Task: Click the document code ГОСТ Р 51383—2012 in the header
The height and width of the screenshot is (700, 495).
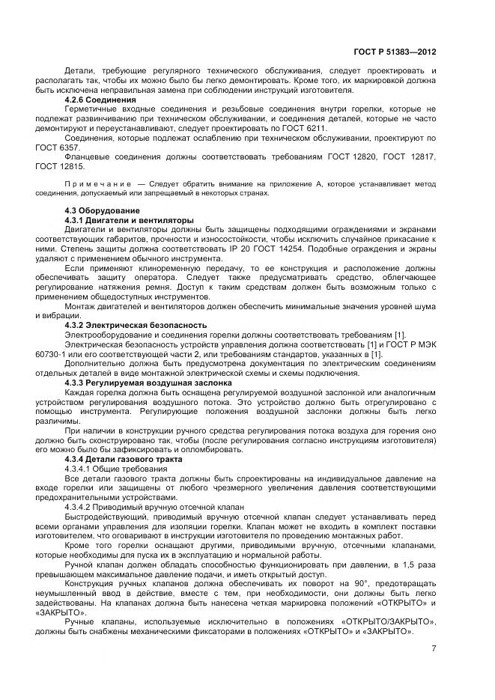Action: (394, 52)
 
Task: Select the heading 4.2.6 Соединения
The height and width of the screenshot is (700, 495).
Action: (100, 99)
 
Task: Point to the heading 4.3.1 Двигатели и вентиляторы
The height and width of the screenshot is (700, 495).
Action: (129, 220)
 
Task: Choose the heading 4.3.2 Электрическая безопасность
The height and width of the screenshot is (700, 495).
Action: (136, 325)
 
